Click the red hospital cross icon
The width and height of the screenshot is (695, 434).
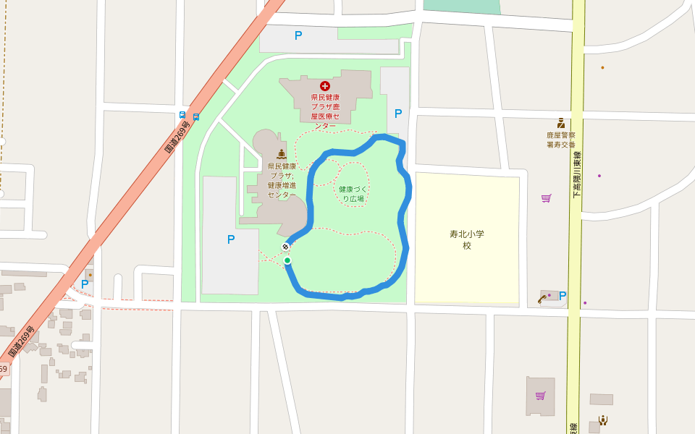tap(325, 85)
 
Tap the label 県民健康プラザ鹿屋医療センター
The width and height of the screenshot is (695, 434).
tap(325, 111)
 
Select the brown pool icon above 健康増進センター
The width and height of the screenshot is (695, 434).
tap(282, 154)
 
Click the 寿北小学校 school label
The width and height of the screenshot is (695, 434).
tap(467, 239)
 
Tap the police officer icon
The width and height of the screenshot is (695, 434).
tap(560, 123)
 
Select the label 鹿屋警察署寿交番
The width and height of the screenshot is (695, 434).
tap(560, 140)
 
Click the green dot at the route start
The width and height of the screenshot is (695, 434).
tap(287, 260)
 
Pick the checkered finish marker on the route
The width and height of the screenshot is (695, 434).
tap(286, 247)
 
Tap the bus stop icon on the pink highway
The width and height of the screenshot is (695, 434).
tap(182, 115)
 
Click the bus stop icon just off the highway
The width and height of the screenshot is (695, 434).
tap(196, 116)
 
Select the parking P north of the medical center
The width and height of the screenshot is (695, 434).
tap(298, 35)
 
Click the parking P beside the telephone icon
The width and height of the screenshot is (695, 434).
tap(563, 295)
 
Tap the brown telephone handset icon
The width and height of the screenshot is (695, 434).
tap(542, 298)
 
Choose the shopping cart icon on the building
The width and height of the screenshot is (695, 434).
tap(540, 395)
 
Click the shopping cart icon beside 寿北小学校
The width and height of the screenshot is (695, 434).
tap(546, 197)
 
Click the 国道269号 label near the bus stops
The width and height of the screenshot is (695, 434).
tap(177, 137)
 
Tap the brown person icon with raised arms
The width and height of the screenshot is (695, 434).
tap(602, 420)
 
